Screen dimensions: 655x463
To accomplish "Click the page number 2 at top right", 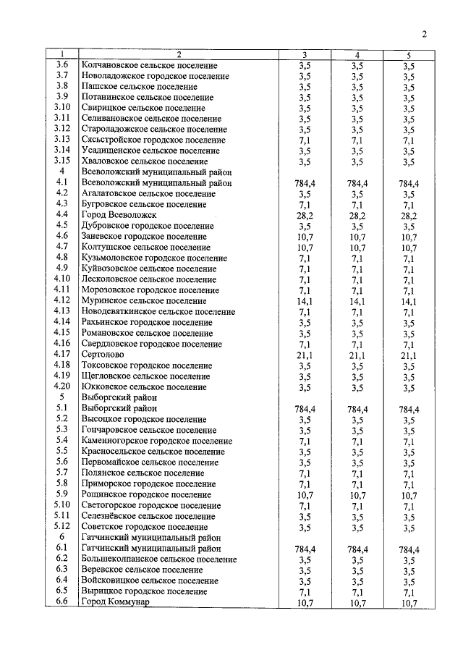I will coord(425,33).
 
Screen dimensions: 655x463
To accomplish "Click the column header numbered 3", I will coord(304,55).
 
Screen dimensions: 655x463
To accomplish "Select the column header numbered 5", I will coord(409,55).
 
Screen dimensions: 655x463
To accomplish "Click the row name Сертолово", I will coord(103,355).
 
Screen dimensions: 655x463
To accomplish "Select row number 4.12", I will coord(62,301).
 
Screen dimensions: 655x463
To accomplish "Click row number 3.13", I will coord(62,140).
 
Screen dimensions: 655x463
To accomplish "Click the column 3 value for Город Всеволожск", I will coord(304,215).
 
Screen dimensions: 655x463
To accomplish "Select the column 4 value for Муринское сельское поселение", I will coord(357,301).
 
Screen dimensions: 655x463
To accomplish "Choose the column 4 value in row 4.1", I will coord(357,183).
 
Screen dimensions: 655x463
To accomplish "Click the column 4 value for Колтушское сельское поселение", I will coord(357,248).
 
